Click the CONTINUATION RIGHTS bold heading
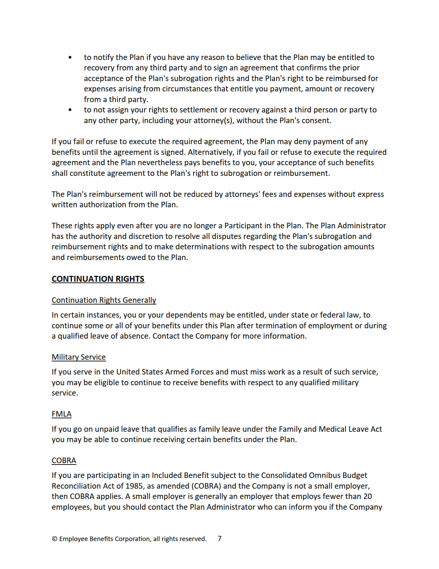coord(98,279)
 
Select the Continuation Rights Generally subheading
coord(104,300)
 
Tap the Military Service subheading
coord(79,357)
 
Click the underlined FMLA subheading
coord(62,414)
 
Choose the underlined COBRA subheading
coord(64,460)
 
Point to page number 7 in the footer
coord(220,538)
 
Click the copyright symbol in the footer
coord(54,539)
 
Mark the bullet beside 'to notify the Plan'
coord(70,57)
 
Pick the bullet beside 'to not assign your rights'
coord(70,110)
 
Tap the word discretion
coord(146,236)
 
